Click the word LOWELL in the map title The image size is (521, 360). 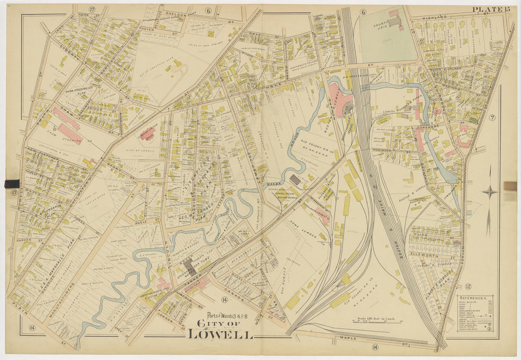(x=220, y=333)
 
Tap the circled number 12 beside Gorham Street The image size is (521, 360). (x=467, y=286)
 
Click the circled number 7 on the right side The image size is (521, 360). (x=492, y=117)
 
